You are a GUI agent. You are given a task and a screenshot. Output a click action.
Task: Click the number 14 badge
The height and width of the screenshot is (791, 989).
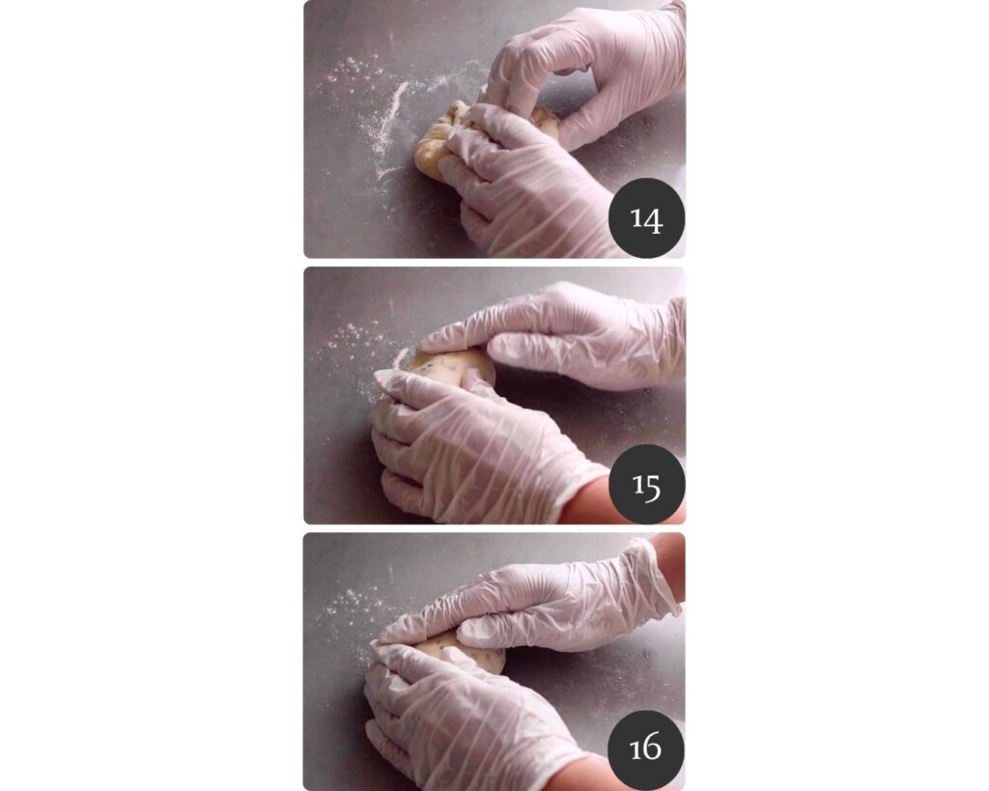(646, 218)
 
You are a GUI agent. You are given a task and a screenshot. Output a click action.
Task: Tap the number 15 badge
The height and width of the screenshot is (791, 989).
(646, 485)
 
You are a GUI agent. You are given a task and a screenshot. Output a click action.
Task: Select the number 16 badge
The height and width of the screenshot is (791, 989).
(646, 749)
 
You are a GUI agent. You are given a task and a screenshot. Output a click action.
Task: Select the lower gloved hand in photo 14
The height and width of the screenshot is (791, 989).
(523, 183)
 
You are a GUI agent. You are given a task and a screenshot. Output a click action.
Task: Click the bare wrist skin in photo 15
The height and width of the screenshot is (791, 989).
(583, 501)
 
